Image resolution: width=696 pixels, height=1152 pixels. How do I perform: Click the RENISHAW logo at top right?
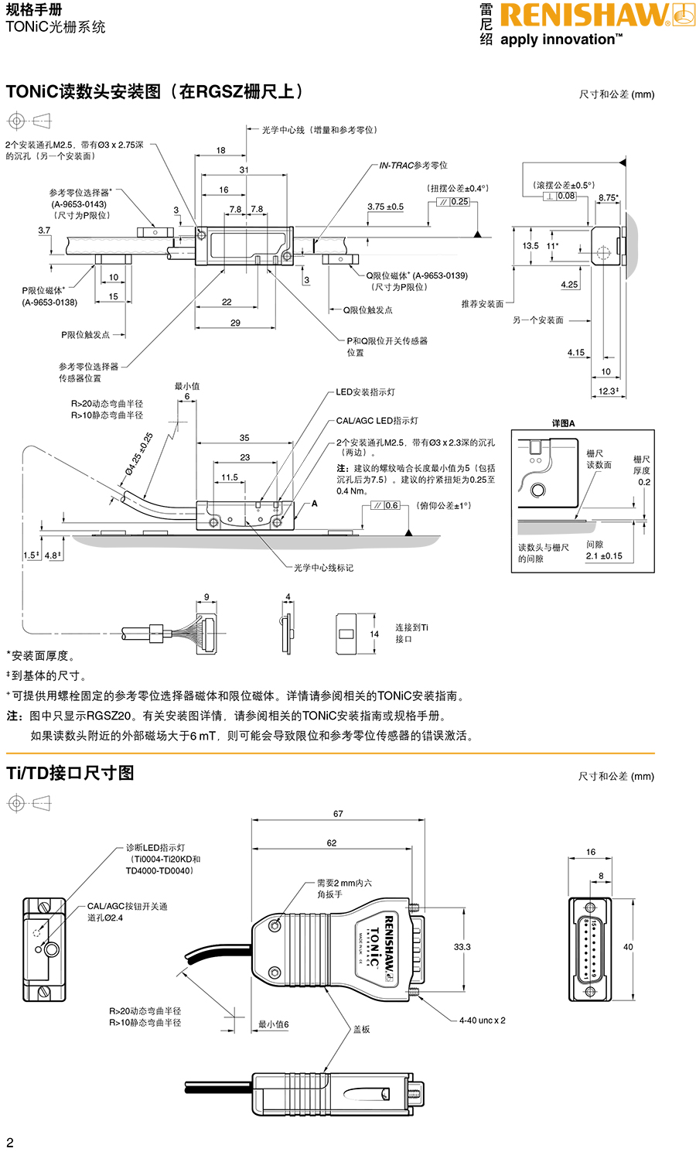click(x=586, y=16)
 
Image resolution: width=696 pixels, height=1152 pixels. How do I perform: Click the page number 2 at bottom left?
click(x=10, y=1142)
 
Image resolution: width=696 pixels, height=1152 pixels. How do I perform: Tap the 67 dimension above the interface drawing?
click(x=338, y=814)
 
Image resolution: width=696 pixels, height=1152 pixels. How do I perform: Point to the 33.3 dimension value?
click(x=462, y=947)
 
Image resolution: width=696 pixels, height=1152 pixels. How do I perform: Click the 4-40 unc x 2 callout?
click(x=482, y=1020)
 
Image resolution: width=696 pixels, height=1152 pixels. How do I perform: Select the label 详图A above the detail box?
click(x=563, y=423)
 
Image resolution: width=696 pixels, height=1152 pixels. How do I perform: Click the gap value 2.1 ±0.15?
click(x=604, y=556)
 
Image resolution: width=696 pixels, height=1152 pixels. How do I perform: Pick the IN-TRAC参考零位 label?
click(x=413, y=166)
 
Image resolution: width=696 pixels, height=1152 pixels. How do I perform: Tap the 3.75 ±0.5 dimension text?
click(x=385, y=207)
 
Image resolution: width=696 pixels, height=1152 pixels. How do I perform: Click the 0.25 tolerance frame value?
click(x=459, y=202)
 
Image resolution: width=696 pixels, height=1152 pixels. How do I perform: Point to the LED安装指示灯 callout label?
click(x=365, y=392)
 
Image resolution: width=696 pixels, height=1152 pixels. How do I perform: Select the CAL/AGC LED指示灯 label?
click(x=377, y=421)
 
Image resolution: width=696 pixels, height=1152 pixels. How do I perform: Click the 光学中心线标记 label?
click(x=323, y=568)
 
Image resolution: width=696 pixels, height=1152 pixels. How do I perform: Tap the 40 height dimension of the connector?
click(x=628, y=947)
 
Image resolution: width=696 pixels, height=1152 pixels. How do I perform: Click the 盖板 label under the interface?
click(x=361, y=1030)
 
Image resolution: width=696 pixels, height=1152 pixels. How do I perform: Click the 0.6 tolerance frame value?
click(x=391, y=506)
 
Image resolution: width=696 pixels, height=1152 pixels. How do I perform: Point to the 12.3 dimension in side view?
click(x=608, y=391)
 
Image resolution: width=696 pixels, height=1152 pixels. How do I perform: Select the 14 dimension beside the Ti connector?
click(x=374, y=634)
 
